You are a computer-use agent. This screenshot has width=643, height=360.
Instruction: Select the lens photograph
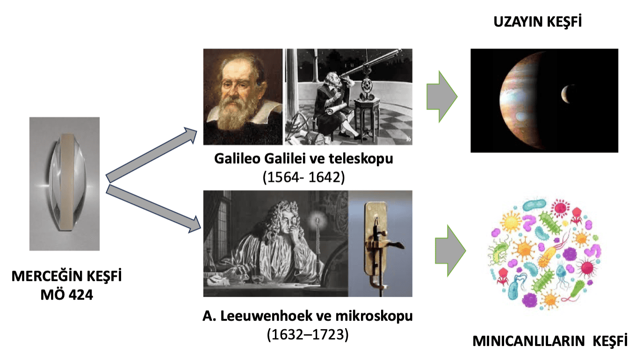pos(65,183)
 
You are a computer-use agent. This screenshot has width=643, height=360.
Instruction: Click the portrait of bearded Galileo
pos(243,97)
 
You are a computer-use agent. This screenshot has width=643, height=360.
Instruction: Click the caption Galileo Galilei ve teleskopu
pos(303,158)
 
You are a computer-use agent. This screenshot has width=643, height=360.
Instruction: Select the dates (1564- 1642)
pos(303,178)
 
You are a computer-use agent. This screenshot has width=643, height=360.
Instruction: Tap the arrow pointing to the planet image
pos(441,97)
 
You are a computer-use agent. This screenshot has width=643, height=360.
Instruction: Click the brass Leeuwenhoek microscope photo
pos(380,243)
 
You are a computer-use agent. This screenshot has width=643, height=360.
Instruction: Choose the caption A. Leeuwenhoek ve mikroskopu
pos(308,316)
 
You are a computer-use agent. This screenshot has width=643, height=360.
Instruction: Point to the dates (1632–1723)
pos(308,335)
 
